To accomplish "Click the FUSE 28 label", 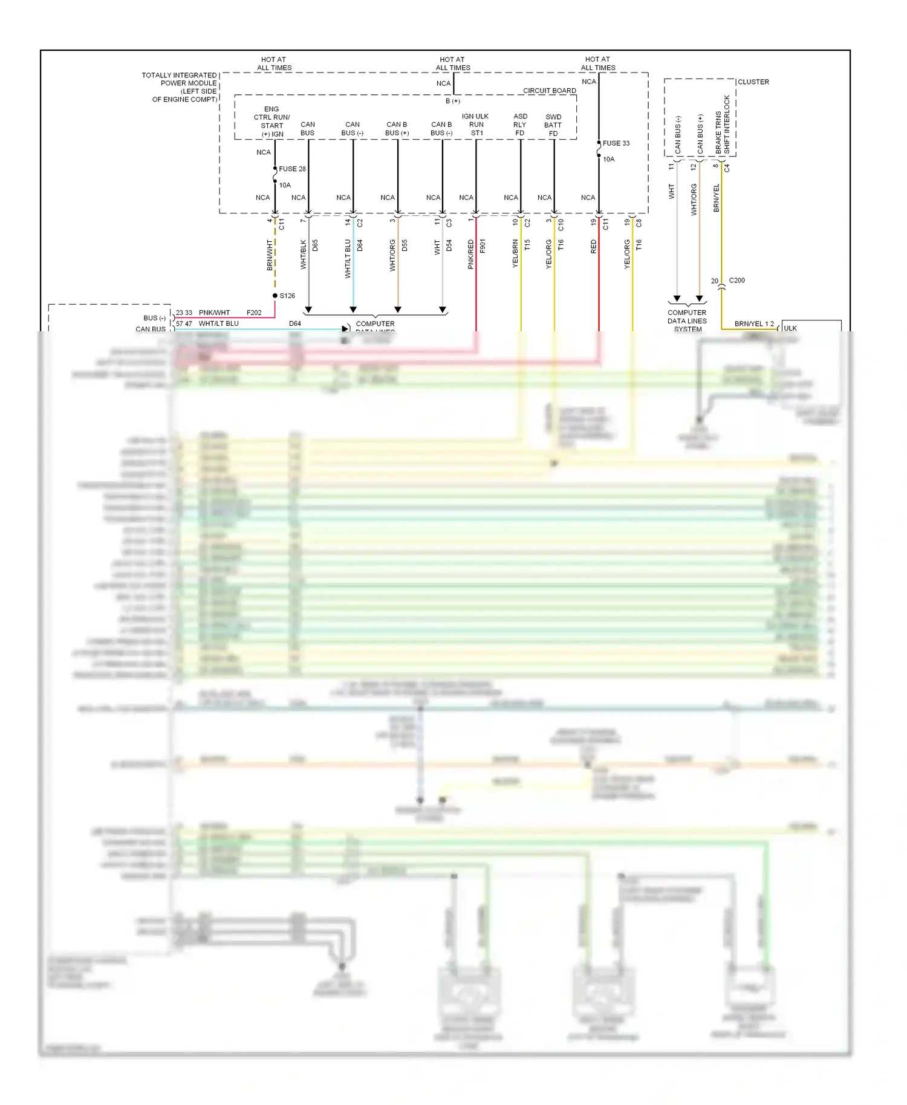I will coord(292,169).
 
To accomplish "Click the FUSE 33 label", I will coord(616,143).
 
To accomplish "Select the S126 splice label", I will coord(287,296).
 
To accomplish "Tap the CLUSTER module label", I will coord(753,82).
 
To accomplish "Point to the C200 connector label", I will coord(736,280).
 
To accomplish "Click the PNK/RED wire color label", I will coord(471,254).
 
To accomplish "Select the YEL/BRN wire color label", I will coord(516,254).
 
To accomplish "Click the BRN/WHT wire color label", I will coord(270,254).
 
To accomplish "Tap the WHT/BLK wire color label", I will coord(304,254).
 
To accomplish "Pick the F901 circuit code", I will coord(483,245).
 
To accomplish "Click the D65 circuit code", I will coord(315,245).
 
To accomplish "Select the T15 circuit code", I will coord(527,245).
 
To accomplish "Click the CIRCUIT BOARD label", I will coord(549,91).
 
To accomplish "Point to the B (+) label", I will coord(453,101).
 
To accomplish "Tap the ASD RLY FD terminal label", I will coord(520,125).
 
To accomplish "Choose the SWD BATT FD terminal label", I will coord(553,125).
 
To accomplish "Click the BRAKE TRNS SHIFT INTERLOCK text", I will coord(723,124).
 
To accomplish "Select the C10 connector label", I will coord(561,224).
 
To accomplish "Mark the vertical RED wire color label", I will coord(594,247).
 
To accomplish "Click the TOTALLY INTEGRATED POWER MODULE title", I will coord(180,87).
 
